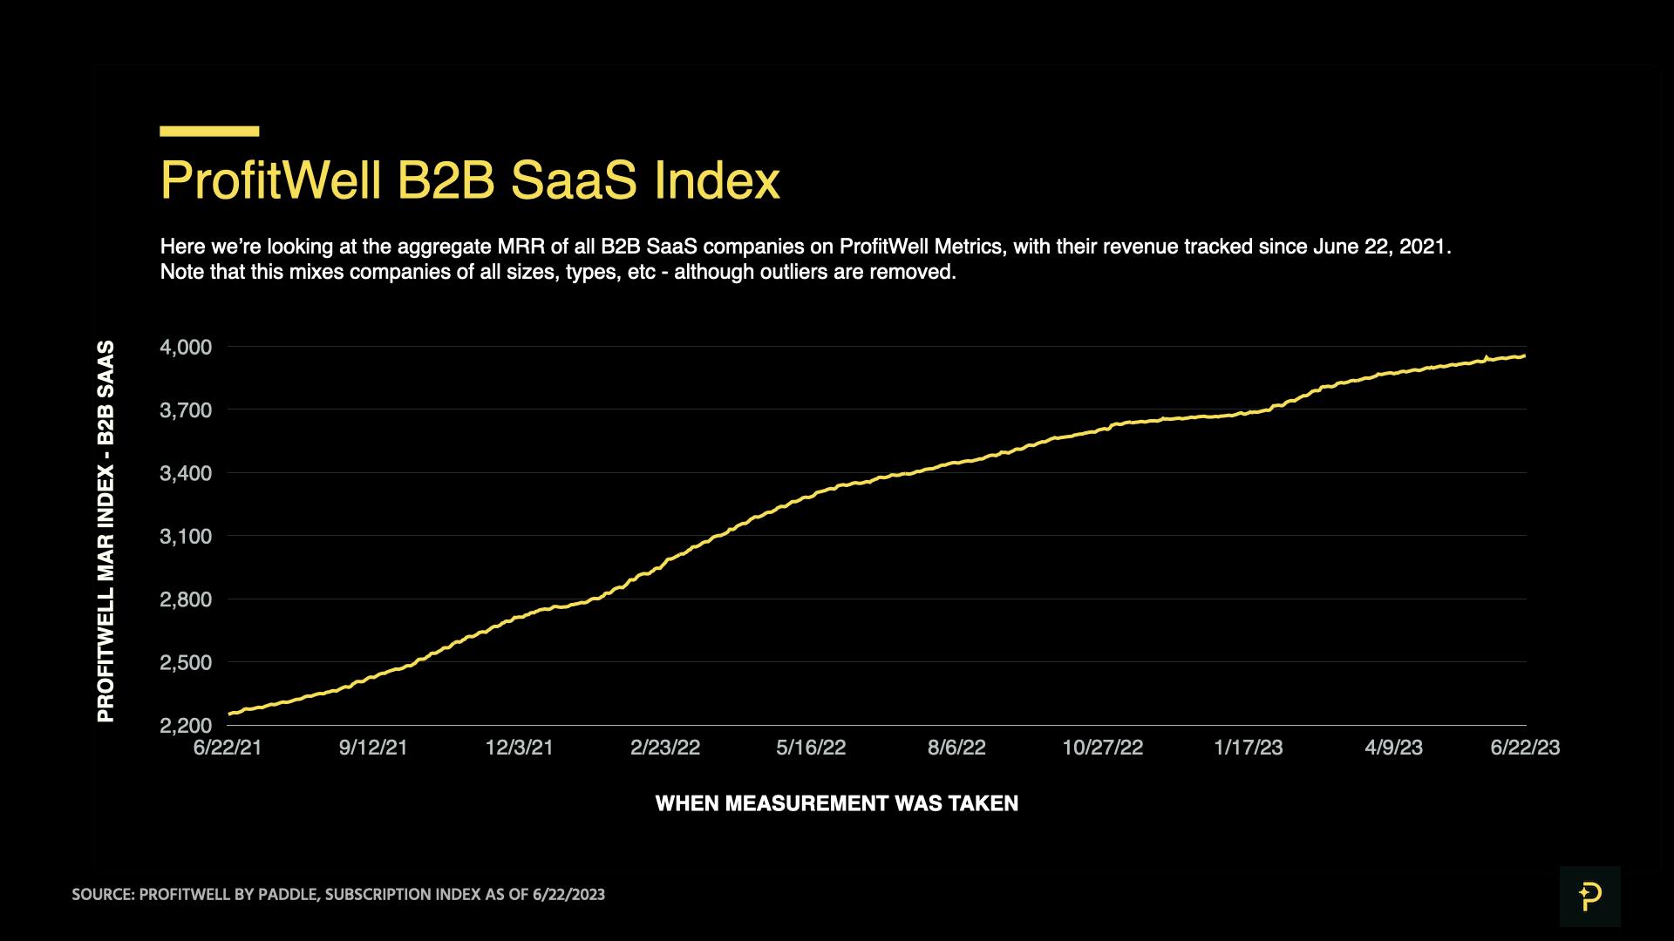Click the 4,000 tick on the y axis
tap(185, 348)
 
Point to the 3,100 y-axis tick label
tap(185, 537)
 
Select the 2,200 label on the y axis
tap(185, 726)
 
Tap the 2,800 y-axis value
tap(185, 599)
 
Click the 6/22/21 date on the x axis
tap(228, 748)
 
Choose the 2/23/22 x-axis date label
tap(665, 748)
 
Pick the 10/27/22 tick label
tap(1102, 748)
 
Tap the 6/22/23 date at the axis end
tap(1525, 748)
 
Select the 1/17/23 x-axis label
tap(1248, 748)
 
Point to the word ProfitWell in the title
tap(271, 180)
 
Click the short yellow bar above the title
tap(209, 132)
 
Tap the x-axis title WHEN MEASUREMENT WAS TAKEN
tap(836, 803)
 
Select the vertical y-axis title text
tap(105, 531)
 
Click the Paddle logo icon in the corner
tap(1589, 896)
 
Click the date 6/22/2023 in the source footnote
tap(568, 895)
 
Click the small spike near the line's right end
tap(1486, 356)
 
